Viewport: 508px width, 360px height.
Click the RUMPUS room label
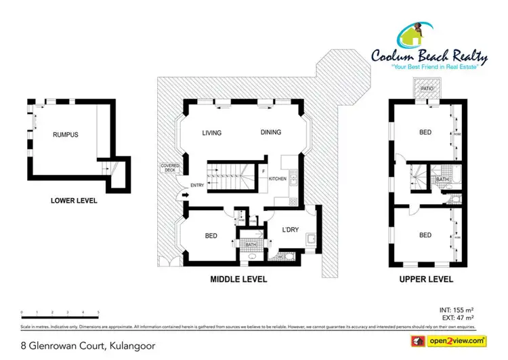click(66, 135)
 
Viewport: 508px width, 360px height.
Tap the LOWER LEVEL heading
click(74, 201)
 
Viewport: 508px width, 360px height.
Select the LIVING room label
click(212, 133)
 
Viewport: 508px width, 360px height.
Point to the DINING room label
click(270, 133)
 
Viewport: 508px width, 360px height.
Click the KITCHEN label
click(278, 179)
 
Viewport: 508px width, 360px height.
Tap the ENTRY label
click(179, 185)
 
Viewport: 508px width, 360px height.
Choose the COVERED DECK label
click(168, 168)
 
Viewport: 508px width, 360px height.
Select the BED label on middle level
click(211, 236)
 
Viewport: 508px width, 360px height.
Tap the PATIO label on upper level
click(427, 88)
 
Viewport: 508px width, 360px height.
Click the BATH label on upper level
click(442, 179)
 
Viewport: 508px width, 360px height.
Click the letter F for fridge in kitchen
click(263, 172)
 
